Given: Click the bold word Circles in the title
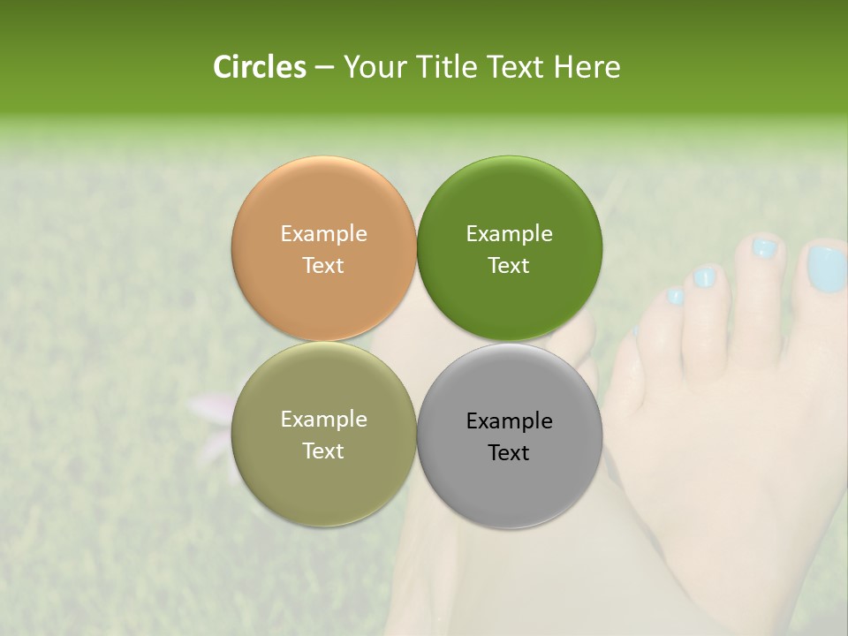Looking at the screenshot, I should [x=259, y=67].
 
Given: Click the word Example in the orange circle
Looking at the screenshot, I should [x=323, y=233].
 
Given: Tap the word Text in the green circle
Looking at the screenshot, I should [x=509, y=265].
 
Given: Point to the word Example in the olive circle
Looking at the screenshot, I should [x=323, y=419].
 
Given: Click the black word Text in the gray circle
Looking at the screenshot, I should [x=509, y=452].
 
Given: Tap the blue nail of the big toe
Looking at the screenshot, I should [x=827, y=267].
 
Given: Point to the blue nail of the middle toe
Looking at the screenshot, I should [x=704, y=278].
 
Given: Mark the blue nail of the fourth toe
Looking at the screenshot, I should [x=675, y=297].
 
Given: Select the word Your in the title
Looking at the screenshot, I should [x=375, y=67].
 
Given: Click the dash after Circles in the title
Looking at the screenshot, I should [x=324, y=68].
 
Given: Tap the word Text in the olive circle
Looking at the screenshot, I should [x=323, y=450].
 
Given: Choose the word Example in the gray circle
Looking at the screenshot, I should [x=509, y=420].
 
